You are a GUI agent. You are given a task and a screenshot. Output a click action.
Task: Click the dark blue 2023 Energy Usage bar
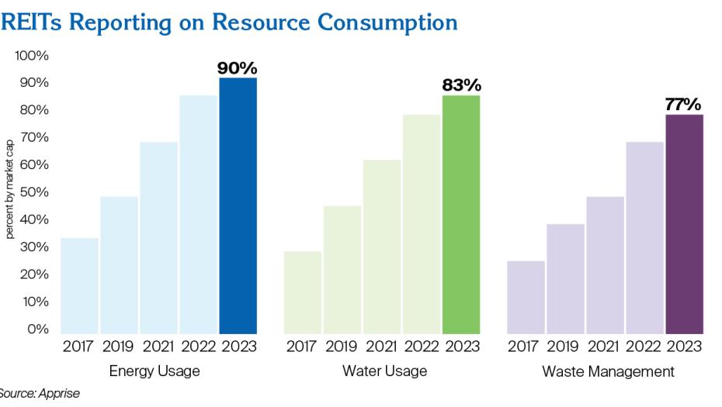point(238,205)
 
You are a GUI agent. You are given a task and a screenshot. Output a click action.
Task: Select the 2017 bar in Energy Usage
point(79,285)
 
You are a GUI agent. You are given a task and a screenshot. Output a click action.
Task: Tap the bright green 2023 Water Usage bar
point(461,214)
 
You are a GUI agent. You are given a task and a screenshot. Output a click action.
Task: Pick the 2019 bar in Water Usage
point(342,269)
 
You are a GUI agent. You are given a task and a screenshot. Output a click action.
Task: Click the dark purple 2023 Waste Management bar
point(684,224)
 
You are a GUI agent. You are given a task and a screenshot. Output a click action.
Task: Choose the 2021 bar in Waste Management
point(606,264)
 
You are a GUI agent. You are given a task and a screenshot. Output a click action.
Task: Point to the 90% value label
point(237,68)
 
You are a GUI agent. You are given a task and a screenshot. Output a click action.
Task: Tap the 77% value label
point(683,104)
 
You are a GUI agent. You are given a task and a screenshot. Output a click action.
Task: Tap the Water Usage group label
point(384,371)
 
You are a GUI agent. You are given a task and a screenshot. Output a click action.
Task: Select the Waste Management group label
point(608,371)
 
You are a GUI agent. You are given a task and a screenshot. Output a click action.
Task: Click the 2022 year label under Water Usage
point(422,347)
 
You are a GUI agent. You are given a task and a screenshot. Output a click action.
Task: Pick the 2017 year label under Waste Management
point(526,347)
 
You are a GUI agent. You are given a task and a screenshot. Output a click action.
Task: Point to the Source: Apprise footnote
point(39,394)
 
